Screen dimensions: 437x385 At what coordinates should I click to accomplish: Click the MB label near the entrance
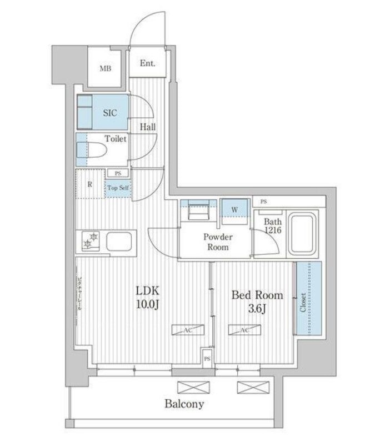(105, 69)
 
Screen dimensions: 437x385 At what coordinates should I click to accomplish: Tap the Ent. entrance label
(147, 63)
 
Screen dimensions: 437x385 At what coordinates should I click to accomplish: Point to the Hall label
(148, 127)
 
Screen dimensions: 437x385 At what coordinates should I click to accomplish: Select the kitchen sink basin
(119, 242)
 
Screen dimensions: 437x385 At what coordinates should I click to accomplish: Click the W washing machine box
(234, 210)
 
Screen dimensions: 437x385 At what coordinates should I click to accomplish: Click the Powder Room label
(217, 242)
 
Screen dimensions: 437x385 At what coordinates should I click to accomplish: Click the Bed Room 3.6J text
(257, 302)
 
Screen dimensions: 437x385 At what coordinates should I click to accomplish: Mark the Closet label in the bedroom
(303, 303)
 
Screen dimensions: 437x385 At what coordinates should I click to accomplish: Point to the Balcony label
(184, 404)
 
